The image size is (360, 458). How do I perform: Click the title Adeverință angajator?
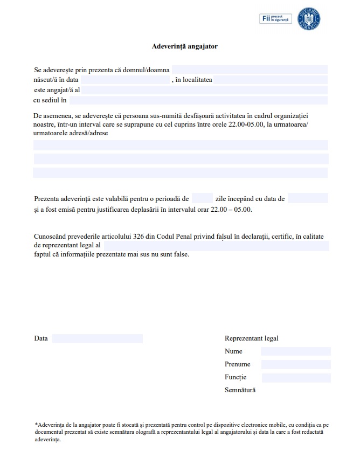click(x=184, y=47)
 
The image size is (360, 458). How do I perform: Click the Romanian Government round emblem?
click(x=311, y=19)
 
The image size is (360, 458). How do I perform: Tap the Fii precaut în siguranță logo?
click(x=276, y=19)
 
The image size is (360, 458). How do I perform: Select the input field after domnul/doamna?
click(x=250, y=70)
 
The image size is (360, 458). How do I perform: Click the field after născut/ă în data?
click(x=125, y=80)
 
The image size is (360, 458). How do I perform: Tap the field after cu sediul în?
click(x=198, y=100)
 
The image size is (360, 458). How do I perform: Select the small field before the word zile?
click(x=202, y=198)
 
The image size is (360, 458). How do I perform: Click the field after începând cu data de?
click(x=308, y=198)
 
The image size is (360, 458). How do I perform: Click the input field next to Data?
click(x=98, y=338)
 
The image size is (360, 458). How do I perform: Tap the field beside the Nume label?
click(x=295, y=351)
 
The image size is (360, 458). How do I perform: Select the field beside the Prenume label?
click(x=295, y=364)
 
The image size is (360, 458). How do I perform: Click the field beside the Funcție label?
click(x=295, y=377)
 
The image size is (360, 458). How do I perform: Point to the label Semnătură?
click(x=240, y=390)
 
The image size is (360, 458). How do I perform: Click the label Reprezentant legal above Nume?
click(x=251, y=338)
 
